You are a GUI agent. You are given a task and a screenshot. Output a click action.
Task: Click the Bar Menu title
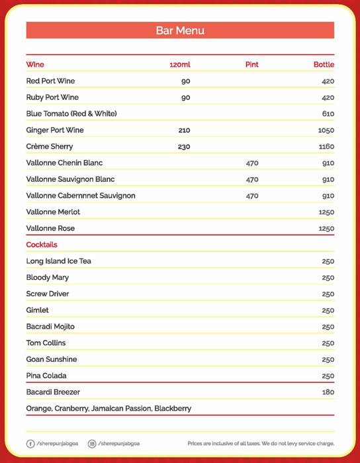(180, 30)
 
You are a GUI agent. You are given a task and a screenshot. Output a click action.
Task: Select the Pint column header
(251, 65)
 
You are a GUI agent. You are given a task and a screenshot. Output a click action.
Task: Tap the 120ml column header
(180, 65)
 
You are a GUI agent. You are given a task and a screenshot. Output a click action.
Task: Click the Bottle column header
(324, 65)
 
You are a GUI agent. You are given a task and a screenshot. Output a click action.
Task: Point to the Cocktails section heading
(42, 245)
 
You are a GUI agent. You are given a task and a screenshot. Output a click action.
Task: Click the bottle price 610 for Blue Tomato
(328, 114)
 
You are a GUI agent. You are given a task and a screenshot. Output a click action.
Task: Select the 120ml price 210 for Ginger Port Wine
(184, 130)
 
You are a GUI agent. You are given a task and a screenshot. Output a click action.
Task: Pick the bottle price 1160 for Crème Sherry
(326, 147)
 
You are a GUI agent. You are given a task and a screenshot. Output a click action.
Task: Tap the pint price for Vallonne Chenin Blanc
(252, 163)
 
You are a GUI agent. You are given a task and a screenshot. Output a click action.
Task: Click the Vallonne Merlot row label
(50, 212)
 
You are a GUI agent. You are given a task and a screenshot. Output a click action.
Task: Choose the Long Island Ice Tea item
(58, 261)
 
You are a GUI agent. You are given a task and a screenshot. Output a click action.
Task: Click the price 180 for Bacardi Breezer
(328, 392)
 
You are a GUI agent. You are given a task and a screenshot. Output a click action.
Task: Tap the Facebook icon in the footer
(30, 443)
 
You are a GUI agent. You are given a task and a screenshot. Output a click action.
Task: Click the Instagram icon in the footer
(92, 443)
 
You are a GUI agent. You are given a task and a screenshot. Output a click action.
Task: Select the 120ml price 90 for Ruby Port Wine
(185, 98)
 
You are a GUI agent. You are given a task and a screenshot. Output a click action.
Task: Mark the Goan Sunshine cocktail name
(52, 359)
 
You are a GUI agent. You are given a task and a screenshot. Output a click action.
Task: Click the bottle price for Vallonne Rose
(326, 228)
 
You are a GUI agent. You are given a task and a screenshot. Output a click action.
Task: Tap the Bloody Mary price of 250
(328, 278)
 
